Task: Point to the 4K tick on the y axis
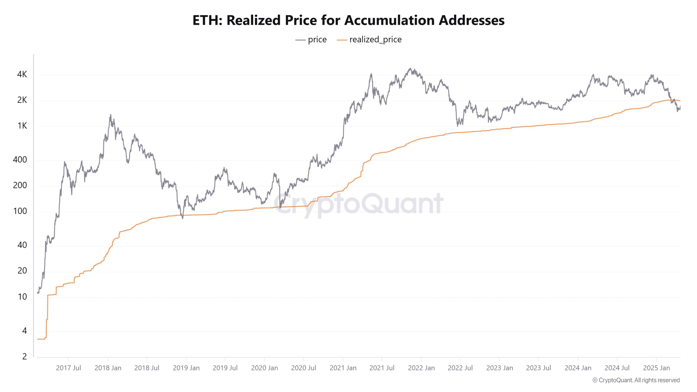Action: (22, 74)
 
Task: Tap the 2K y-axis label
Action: (22, 100)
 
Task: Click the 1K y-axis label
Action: (22, 126)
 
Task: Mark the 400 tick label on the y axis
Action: (20, 160)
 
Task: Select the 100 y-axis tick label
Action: (20, 211)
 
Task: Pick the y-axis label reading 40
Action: (22, 245)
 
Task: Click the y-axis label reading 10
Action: (22, 297)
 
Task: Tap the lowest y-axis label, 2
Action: (25, 357)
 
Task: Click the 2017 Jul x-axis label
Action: (68, 368)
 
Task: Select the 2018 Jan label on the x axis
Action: (108, 368)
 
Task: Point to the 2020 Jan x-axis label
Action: (264, 368)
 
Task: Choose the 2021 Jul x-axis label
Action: (382, 368)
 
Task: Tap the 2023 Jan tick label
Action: (500, 368)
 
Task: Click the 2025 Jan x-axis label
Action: (656, 368)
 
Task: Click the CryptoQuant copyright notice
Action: (636, 380)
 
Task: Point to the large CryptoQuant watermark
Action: (358, 204)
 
